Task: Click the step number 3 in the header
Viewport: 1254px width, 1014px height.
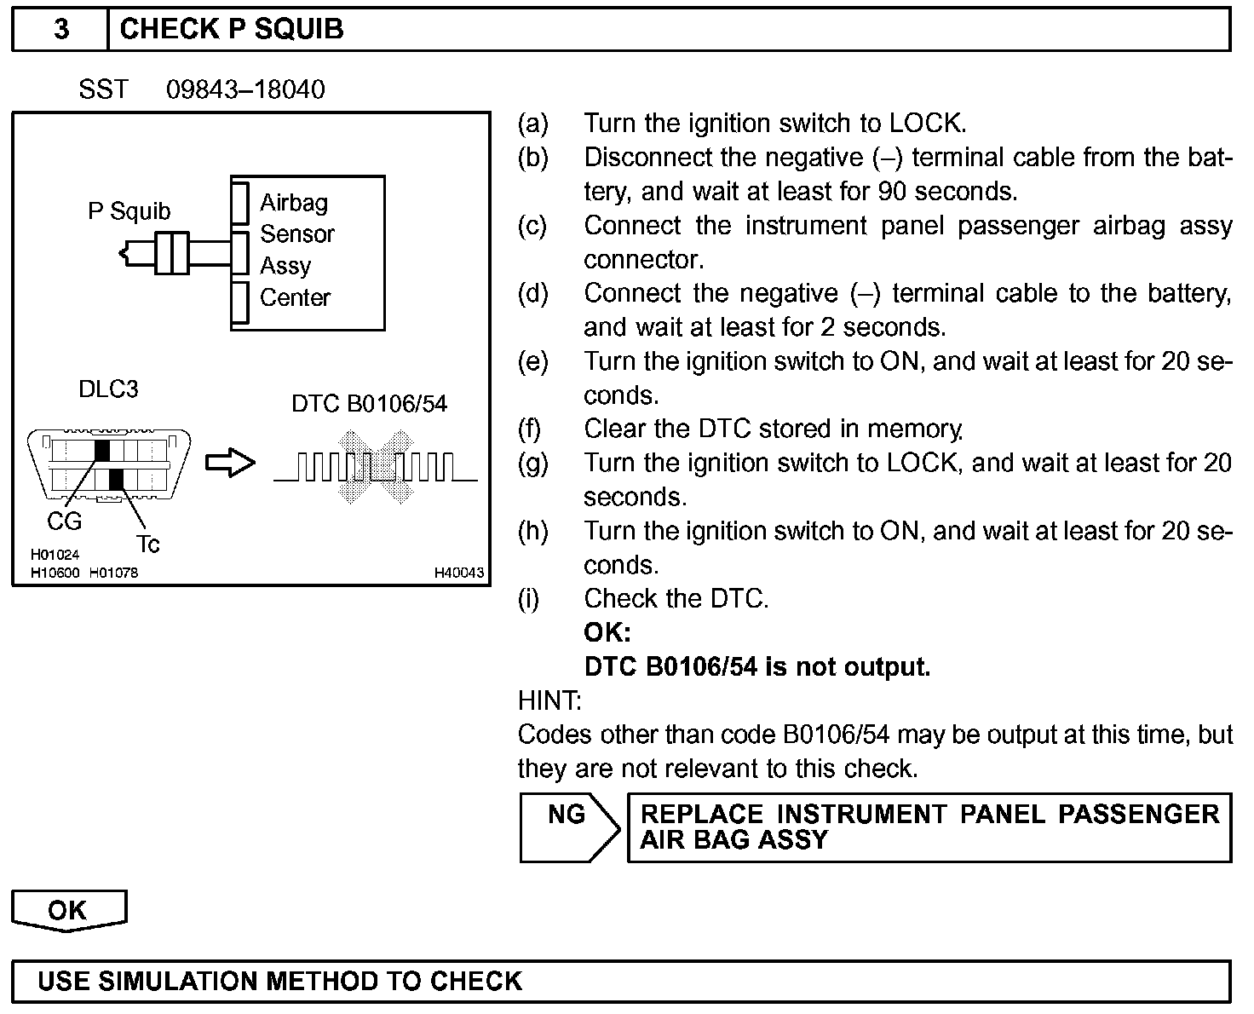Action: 61,30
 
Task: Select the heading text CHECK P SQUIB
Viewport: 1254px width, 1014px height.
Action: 232,30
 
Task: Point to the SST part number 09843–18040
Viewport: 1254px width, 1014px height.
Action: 245,89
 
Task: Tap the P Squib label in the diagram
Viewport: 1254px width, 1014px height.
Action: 129,211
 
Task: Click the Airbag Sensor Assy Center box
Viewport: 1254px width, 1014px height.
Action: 308,252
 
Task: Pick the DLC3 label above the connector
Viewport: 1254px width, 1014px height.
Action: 108,389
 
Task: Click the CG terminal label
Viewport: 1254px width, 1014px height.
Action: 64,521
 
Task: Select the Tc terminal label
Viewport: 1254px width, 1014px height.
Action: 147,544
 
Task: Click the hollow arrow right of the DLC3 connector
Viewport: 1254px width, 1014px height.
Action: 230,464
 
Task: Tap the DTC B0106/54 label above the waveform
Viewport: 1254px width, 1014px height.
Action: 369,403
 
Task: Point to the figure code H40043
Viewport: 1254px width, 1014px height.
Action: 459,573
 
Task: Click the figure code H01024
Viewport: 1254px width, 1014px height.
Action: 55,555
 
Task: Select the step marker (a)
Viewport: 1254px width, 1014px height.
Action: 532,124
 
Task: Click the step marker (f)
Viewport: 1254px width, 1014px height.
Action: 530,429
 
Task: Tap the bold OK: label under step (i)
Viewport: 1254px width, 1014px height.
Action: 607,632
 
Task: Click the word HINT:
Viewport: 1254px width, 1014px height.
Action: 549,700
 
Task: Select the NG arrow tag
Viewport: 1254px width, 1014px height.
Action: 567,827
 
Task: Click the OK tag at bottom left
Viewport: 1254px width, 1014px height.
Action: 68,911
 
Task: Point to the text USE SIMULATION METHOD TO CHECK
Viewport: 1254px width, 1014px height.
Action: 279,981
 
